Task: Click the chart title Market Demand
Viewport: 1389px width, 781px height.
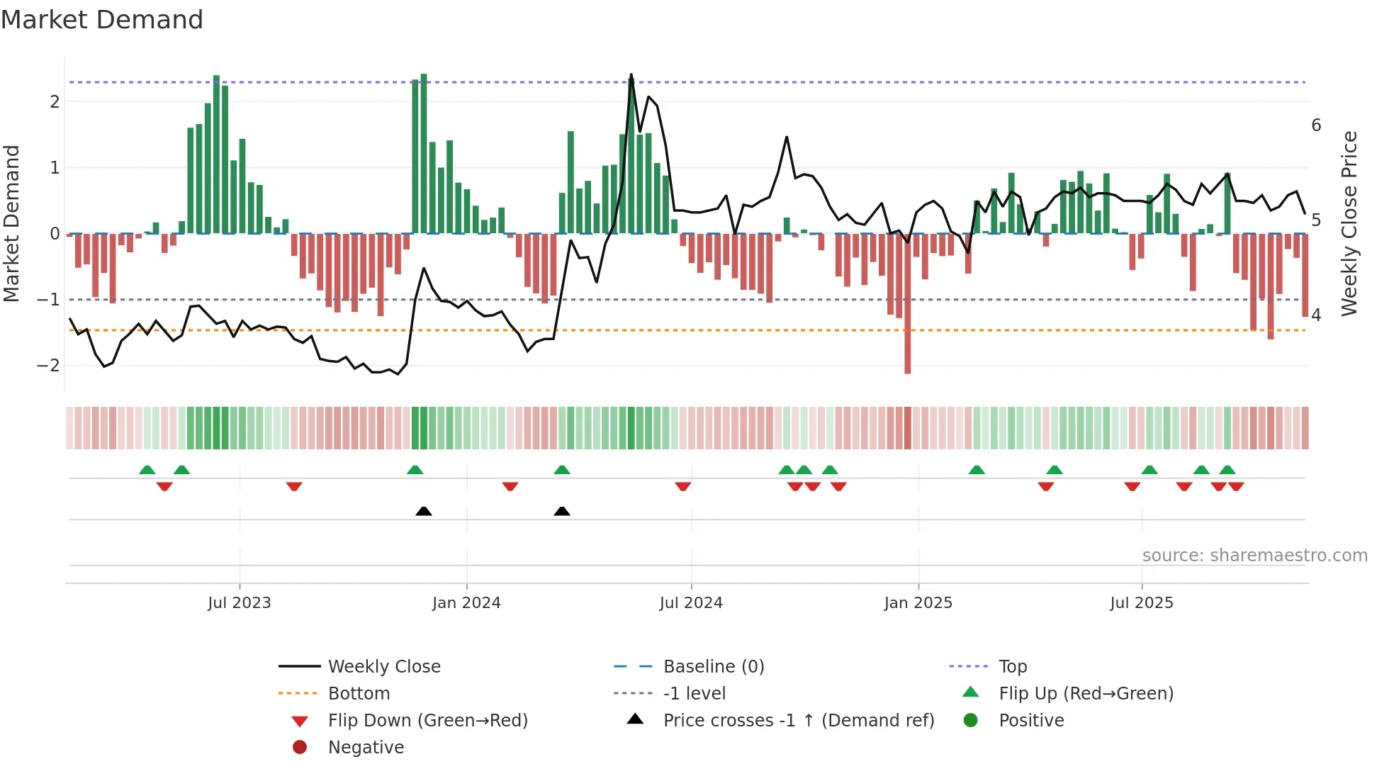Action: (102, 20)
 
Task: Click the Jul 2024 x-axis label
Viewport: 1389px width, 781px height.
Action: (691, 603)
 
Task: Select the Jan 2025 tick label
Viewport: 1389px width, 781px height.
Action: (918, 603)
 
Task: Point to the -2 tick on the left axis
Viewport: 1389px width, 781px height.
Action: (48, 366)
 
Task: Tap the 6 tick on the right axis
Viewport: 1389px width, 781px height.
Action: (1316, 125)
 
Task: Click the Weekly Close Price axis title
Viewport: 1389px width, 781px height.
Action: (1349, 223)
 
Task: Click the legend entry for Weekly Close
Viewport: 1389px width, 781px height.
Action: (383, 667)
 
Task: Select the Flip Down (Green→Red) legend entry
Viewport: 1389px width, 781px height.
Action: (427, 721)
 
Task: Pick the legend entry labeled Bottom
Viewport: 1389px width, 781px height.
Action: (359, 694)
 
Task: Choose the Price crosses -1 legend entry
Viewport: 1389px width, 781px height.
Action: (798, 721)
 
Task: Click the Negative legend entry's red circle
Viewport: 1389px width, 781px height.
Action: (300, 748)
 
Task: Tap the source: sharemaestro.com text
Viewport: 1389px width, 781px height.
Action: (1254, 556)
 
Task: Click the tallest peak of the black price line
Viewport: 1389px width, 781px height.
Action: (631, 75)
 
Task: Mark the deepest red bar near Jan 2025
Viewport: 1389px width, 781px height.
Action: (908, 354)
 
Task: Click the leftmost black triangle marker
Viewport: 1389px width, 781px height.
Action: (424, 511)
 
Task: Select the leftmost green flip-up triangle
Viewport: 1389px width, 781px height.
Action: (147, 470)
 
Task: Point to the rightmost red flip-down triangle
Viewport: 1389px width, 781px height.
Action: (1236, 486)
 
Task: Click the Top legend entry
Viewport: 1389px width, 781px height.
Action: (1012, 667)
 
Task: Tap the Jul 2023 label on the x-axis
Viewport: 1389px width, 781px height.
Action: (240, 603)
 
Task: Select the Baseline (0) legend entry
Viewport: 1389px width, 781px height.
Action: (713, 667)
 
